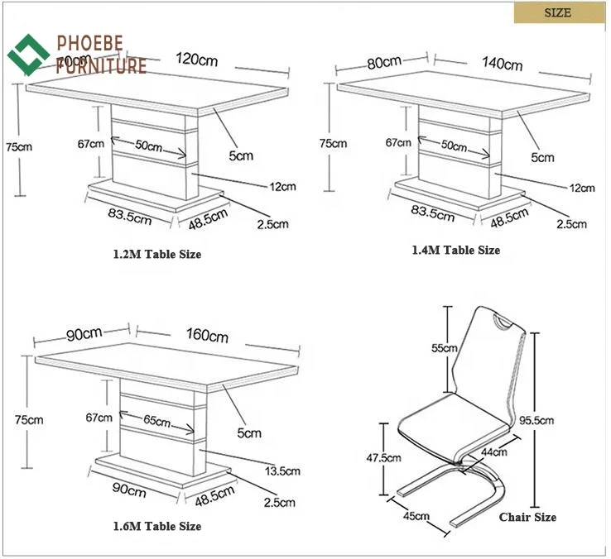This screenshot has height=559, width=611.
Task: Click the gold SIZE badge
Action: pos(557,13)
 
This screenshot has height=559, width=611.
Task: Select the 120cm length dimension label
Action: pos(197,59)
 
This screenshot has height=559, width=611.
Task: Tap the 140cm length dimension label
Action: pos(503,64)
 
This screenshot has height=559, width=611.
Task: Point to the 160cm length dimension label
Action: pos(207,336)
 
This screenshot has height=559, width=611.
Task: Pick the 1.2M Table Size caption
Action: pos(156,254)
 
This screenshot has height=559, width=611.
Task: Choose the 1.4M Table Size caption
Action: pos(456,250)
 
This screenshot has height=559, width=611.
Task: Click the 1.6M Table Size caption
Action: pos(156,526)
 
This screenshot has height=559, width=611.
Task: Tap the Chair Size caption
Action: pos(527,518)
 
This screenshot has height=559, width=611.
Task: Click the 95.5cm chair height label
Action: pos(560,420)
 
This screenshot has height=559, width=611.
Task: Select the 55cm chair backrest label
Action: pos(443,348)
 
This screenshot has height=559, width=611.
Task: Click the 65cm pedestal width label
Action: pos(157,421)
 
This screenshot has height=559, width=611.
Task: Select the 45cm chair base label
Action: pos(416,516)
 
